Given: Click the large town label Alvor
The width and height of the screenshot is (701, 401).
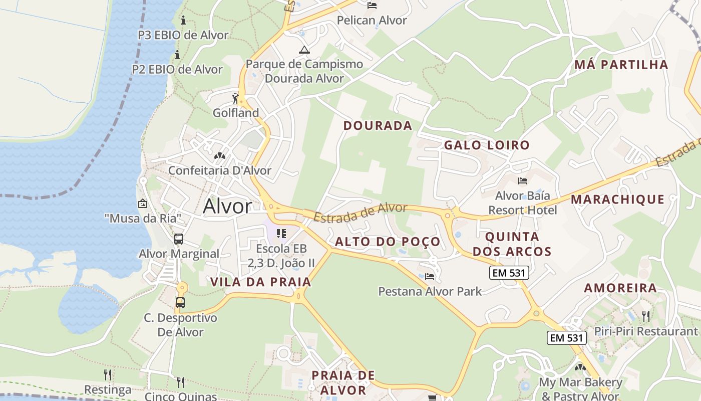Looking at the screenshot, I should click(x=227, y=207).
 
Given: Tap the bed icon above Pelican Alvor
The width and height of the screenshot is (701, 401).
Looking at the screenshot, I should click(x=372, y=6).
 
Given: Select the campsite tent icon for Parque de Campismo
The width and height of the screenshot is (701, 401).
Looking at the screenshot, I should click(x=304, y=50).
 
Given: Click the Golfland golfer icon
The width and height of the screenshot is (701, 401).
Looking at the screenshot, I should click(x=235, y=98).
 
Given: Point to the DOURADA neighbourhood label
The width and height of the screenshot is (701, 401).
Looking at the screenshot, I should click(x=378, y=126).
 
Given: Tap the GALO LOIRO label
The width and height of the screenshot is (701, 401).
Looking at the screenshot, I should click(x=487, y=145).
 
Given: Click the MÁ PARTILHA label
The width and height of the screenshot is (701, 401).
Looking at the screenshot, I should click(x=621, y=65).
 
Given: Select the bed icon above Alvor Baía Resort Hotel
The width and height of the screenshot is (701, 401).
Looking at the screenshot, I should click(x=523, y=181).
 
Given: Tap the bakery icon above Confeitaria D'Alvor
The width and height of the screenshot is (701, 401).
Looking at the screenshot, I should click(x=219, y=156).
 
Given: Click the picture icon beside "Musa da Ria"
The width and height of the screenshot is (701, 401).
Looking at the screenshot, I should click(x=143, y=204).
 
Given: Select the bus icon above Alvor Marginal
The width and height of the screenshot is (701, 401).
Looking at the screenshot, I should click(x=179, y=239).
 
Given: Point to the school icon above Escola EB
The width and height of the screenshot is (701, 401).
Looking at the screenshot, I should click(x=281, y=234).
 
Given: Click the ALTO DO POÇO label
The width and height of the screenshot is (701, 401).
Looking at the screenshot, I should click(x=388, y=242).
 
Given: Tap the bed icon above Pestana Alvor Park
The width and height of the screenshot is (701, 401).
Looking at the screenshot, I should click(x=430, y=276).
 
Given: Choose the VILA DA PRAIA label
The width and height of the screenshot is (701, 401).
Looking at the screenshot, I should click(x=261, y=282).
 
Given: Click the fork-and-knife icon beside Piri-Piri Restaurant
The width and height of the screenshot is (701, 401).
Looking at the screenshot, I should click(x=646, y=316).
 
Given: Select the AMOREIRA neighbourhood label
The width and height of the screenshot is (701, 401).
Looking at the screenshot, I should click(x=620, y=288).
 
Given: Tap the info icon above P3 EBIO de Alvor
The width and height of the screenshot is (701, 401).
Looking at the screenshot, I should click(x=183, y=21).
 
